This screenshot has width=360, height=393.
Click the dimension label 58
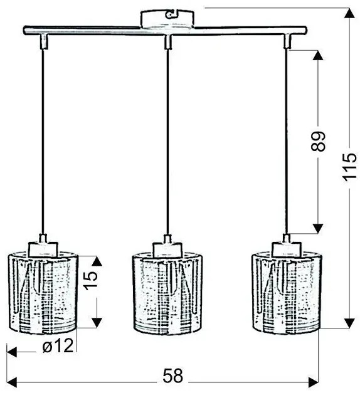173,375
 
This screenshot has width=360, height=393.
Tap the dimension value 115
349,167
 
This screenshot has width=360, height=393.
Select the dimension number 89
318,141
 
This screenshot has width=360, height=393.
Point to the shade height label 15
90,280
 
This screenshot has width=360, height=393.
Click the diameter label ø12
58,346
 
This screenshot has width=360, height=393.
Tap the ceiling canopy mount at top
167,19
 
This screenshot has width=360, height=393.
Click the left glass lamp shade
43,293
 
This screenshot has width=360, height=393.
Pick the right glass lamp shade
287,293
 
